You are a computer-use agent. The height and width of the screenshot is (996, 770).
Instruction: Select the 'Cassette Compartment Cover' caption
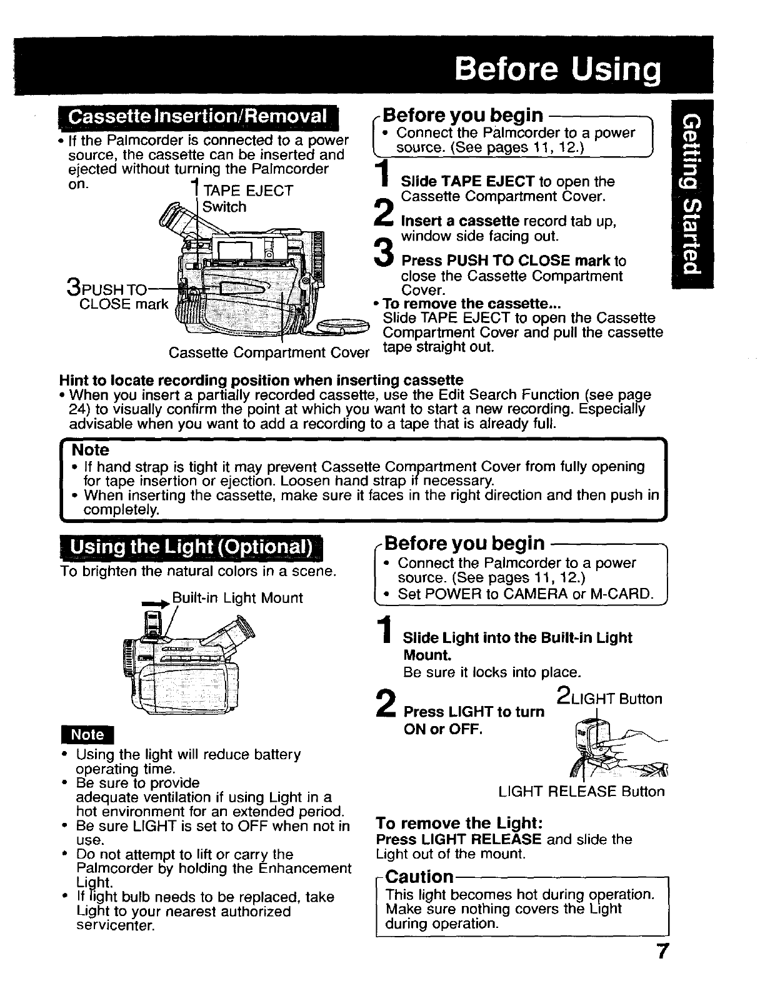269,352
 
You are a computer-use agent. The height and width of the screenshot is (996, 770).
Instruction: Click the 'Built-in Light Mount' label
237,598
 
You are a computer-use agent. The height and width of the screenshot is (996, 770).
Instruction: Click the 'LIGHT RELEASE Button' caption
581,792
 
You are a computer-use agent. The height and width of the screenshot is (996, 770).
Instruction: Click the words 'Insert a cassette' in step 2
459,221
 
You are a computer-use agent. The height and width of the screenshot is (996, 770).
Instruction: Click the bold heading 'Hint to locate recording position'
261,380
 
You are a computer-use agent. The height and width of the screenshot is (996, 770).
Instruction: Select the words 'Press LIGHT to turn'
474,712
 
